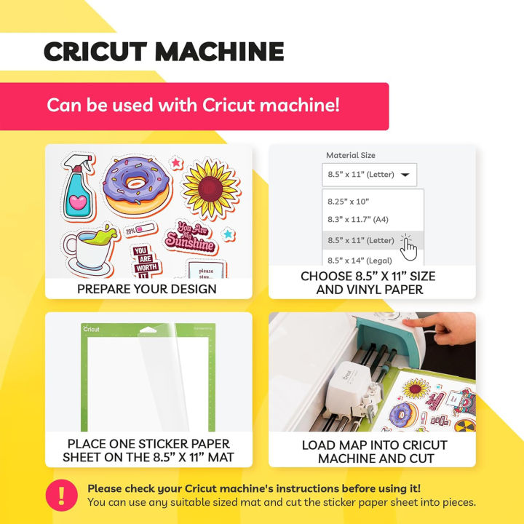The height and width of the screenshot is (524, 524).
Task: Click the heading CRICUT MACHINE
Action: coord(163,52)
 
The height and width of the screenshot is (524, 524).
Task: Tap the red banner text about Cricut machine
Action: coord(193,105)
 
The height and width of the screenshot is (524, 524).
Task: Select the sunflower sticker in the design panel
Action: coord(211,188)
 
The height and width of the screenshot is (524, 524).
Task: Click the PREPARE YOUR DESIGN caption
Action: coord(147,289)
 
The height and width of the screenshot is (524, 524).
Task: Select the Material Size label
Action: coord(351,155)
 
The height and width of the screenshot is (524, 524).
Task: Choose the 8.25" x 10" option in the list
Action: coord(349,200)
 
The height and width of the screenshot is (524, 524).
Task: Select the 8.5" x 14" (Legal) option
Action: coord(360,260)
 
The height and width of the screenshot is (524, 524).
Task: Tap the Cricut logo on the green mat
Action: coord(92,330)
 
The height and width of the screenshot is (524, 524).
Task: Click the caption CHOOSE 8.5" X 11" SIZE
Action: coord(368,277)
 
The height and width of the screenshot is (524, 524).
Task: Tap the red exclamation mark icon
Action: coord(61,496)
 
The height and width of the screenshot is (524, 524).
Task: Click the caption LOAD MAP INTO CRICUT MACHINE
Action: coord(374,451)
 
